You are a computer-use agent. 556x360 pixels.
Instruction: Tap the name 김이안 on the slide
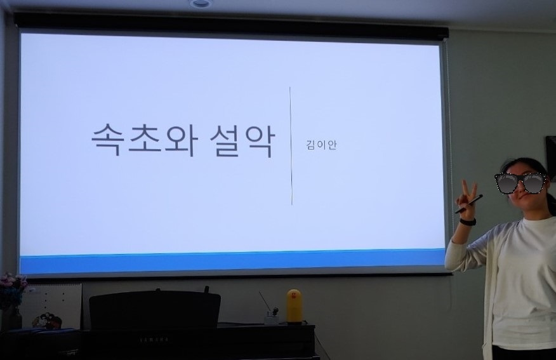coord(321,144)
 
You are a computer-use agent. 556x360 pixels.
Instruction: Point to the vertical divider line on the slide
coord(291,146)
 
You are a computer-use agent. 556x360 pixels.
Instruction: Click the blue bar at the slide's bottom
coord(232,261)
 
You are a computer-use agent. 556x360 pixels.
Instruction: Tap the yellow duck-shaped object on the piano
coord(294,306)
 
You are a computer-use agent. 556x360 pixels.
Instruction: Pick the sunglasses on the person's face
coord(520,183)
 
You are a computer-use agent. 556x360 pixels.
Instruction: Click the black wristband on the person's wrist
coord(468,222)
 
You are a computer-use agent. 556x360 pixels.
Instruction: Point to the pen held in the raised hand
coord(469,204)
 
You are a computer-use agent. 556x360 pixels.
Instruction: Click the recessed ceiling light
coord(201,4)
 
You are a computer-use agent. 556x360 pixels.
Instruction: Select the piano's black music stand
coord(154,309)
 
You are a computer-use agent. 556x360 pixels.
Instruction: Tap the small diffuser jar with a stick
coord(271,316)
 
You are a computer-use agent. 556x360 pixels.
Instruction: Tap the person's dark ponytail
coord(550,203)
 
